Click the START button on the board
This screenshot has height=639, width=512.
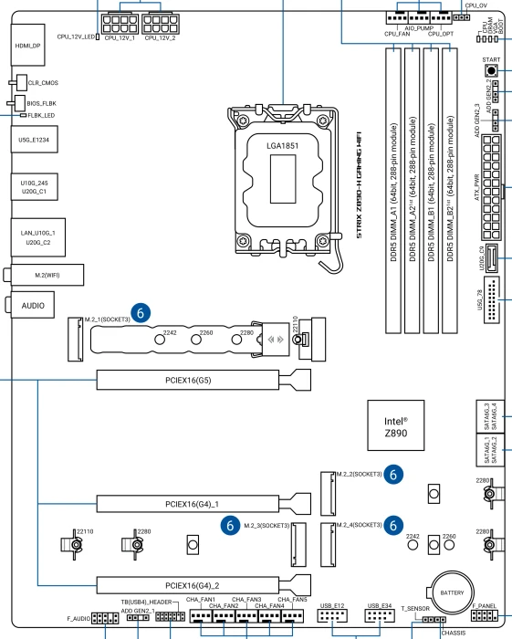[x=492, y=71]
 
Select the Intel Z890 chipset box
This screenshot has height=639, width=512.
[x=396, y=425]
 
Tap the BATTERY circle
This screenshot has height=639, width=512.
[x=452, y=592]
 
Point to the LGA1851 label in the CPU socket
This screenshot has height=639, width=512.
[x=283, y=145]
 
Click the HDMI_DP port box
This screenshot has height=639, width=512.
[x=27, y=45]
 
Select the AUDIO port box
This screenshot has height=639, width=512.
[x=33, y=305]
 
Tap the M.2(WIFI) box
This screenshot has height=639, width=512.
[x=47, y=275]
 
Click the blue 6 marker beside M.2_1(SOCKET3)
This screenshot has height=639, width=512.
[x=141, y=313]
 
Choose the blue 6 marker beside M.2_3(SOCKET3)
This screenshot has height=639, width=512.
[x=230, y=525]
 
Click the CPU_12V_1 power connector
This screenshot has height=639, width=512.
[x=120, y=24]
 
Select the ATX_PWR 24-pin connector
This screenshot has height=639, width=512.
[x=491, y=187]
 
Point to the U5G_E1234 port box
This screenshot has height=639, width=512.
[x=34, y=140]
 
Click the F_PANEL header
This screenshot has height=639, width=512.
[x=485, y=614]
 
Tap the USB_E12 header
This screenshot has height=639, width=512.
[x=332, y=615]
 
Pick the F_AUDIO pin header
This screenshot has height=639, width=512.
[x=105, y=618]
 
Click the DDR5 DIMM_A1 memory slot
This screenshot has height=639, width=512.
[x=393, y=191]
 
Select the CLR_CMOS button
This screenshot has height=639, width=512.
[x=21, y=82]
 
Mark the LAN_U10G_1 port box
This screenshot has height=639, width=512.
[x=38, y=237]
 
